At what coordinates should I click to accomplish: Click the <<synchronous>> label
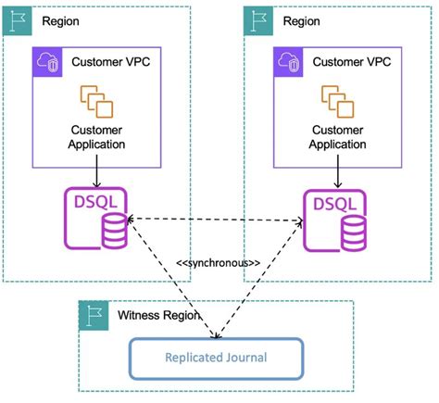(x=218, y=263)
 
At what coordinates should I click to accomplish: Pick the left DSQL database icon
(x=95, y=219)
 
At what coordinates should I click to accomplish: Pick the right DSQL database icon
(x=334, y=219)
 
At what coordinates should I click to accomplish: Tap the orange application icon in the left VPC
(x=96, y=99)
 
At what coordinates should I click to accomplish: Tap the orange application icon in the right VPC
(x=337, y=99)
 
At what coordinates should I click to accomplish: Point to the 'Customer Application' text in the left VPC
(x=96, y=137)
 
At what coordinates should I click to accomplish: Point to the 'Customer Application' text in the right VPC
(x=337, y=137)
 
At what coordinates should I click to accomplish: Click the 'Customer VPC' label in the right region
(x=350, y=62)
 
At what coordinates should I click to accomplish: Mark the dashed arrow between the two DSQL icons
(x=216, y=220)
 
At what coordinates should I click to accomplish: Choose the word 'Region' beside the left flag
(x=57, y=20)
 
